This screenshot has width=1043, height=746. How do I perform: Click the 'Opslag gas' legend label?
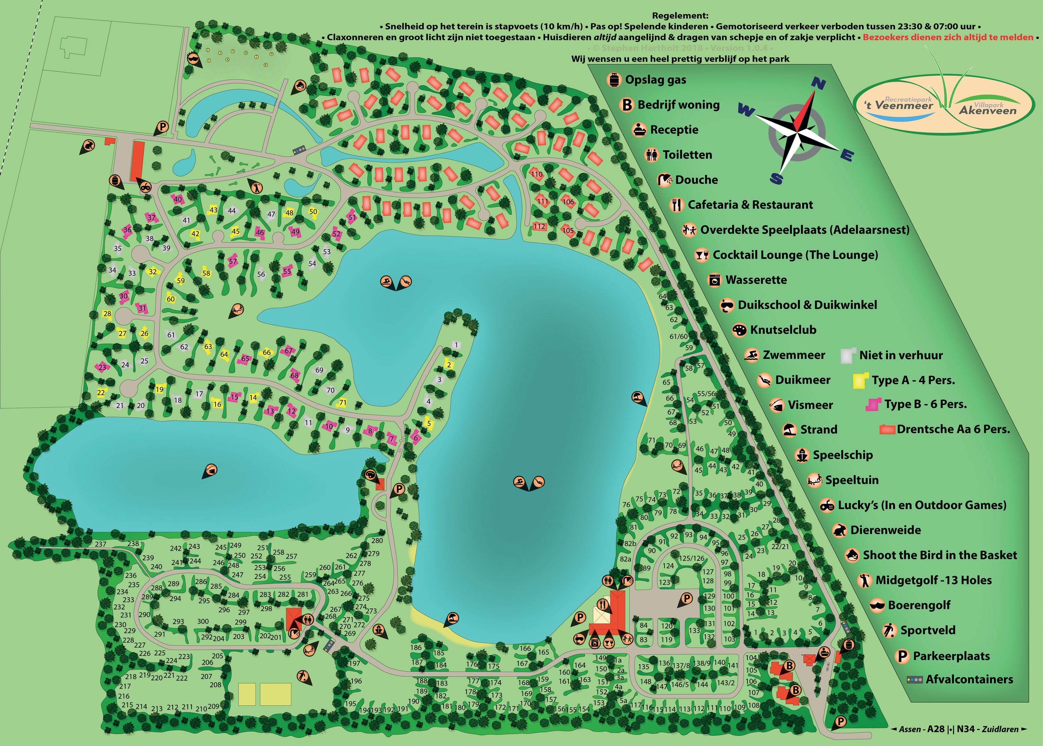(655, 80)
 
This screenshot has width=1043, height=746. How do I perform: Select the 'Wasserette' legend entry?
(756, 280)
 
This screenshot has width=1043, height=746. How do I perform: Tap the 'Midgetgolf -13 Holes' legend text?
(933, 580)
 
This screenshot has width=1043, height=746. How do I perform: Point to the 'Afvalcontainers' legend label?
(969, 679)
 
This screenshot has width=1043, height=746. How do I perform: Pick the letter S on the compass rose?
(776, 178)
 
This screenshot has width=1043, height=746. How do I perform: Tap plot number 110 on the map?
(536, 174)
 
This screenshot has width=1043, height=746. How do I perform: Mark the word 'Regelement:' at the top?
(680, 16)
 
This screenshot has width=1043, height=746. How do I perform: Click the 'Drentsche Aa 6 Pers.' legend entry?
(953, 429)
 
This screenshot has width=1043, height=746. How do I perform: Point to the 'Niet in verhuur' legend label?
(900, 355)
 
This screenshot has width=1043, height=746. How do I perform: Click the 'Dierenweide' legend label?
(885, 530)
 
